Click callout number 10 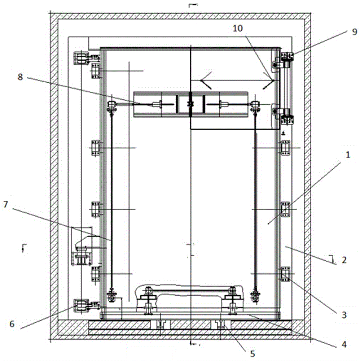tap(238, 28)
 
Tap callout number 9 tap(355, 31)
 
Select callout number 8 tap(20, 77)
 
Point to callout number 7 tap(5, 204)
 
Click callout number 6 tap(12, 324)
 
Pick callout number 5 tap(253, 353)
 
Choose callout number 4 tap(344, 344)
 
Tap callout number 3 tap(344, 315)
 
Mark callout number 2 tap(344, 260)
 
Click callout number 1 tap(348, 155)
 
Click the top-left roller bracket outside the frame tap(81, 58)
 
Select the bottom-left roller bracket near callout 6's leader tap(81, 305)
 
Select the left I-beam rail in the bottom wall tap(160, 324)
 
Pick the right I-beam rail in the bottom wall tap(221, 324)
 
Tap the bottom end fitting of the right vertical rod tap(255, 295)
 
